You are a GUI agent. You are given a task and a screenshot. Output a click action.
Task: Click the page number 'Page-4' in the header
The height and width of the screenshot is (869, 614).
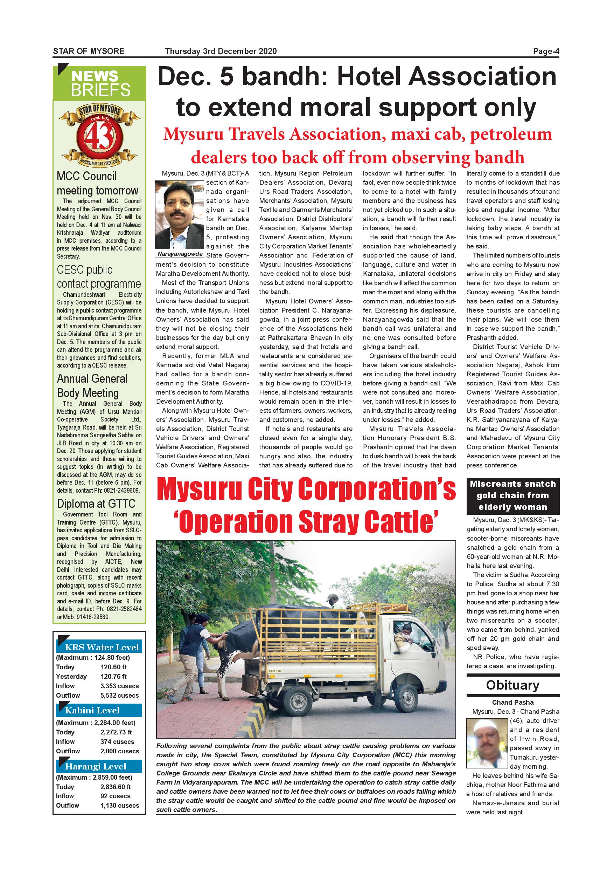click(x=546, y=52)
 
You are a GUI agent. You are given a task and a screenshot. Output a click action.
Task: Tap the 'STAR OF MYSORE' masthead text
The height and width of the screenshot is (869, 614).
click(x=89, y=52)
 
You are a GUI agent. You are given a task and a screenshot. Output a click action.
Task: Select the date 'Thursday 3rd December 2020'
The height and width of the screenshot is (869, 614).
click(x=221, y=52)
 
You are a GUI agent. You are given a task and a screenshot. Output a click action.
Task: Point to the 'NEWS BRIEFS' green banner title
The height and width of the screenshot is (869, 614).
click(x=100, y=83)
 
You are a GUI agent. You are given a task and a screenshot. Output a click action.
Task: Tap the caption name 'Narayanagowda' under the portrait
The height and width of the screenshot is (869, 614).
click(x=180, y=254)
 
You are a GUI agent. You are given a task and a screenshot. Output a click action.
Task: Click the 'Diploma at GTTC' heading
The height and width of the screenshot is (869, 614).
click(x=96, y=504)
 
